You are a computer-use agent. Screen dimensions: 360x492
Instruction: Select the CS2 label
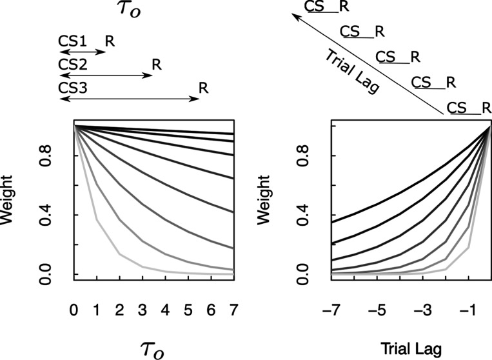[71, 65]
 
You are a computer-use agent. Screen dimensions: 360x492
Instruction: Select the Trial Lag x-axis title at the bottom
[411, 348]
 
